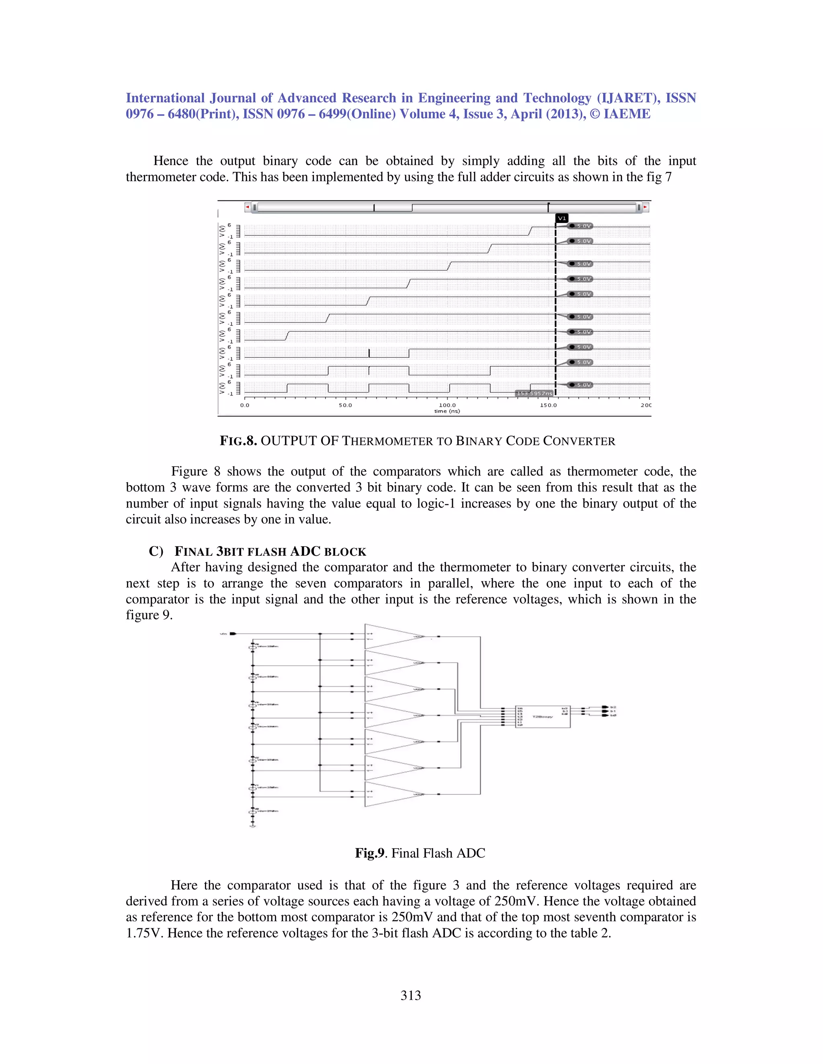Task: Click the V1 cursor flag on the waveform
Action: click(x=562, y=218)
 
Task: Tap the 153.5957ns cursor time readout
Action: click(x=534, y=393)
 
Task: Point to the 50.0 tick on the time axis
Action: click(x=345, y=405)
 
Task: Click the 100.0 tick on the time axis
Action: click(x=447, y=405)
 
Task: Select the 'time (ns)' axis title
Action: click(x=447, y=411)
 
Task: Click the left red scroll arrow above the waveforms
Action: click(x=248, y=208)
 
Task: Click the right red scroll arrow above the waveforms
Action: click(x=645, y=208)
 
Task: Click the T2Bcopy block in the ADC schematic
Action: click(x=543, y=717)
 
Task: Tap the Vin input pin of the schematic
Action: click(x=233, y=634)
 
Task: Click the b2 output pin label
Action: click(x=613, y=707)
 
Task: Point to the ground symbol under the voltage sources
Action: click(x=252, y=826)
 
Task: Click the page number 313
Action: click(x=411, y=995)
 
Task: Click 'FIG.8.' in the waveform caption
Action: click(x=238, y=441)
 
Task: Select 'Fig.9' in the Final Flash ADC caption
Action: click(x=370, y=853)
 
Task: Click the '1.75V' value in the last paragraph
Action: click(x=144, y=933)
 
